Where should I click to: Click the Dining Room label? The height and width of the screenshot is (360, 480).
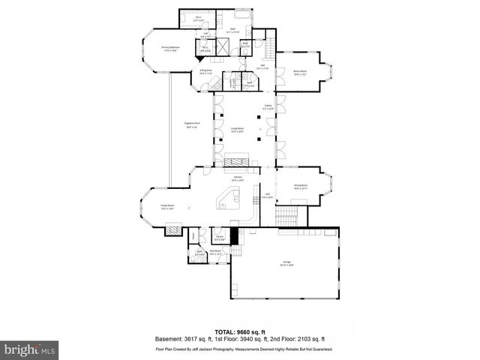[301, 187]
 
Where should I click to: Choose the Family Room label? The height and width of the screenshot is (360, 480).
[166, 206]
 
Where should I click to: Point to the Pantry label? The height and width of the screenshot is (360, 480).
[220, 238]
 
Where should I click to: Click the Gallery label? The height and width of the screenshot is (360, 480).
[268, 107]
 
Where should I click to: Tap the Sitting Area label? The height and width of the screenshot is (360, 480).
[206, 72]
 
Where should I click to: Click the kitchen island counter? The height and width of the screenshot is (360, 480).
[227, 199]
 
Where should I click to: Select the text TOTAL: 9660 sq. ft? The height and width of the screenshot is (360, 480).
[239, 331]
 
